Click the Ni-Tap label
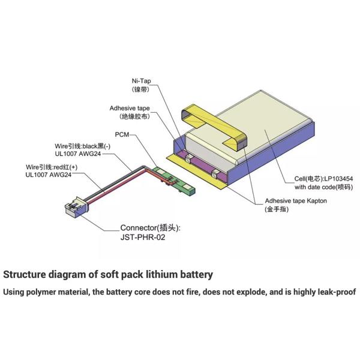coord(141,81)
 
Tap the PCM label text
coord(122,134)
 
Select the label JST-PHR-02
coord(143,237)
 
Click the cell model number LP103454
coord(338,179)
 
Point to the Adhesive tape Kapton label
coord(296,201)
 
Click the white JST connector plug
coord(76,208)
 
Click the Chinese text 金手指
coord(277,209)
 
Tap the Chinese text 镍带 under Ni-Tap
coord(140,89)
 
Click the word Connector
coord(139,228)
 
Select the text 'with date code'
coord(315,187)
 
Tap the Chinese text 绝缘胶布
coord(134,116)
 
